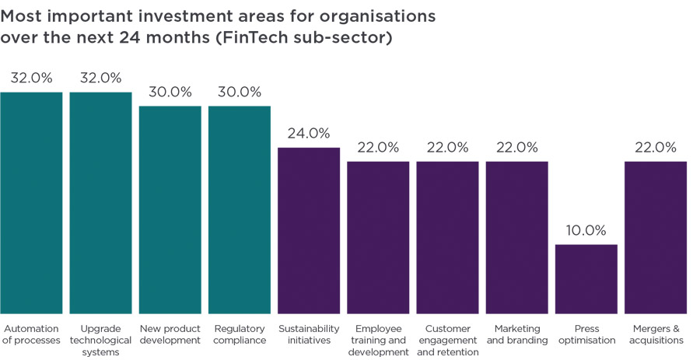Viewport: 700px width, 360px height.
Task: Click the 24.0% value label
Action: [x=309, y=133]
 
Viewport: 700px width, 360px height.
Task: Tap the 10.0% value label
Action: [x=586, y=230]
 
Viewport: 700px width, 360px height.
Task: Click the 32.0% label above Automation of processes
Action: [x=31, y=78]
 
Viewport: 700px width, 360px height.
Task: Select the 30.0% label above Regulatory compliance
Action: [x=240, y=92]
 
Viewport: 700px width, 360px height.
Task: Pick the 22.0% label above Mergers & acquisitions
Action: [x=656, y=147]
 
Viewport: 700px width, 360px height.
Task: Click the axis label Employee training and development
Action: [x=378, y=340]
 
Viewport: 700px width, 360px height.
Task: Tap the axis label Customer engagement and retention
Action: [x=447, y=340]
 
